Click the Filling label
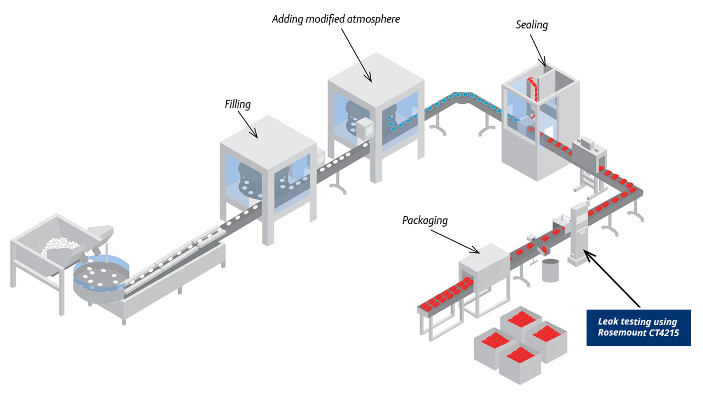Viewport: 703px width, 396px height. click(238, 104)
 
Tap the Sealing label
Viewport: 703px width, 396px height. click(532, 25)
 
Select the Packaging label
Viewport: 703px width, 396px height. click(425, 220)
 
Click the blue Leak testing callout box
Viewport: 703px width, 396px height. click(638, 327)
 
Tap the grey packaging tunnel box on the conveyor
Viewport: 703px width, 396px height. click(484, 268)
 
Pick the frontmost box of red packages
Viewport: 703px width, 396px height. click(520, 365)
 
